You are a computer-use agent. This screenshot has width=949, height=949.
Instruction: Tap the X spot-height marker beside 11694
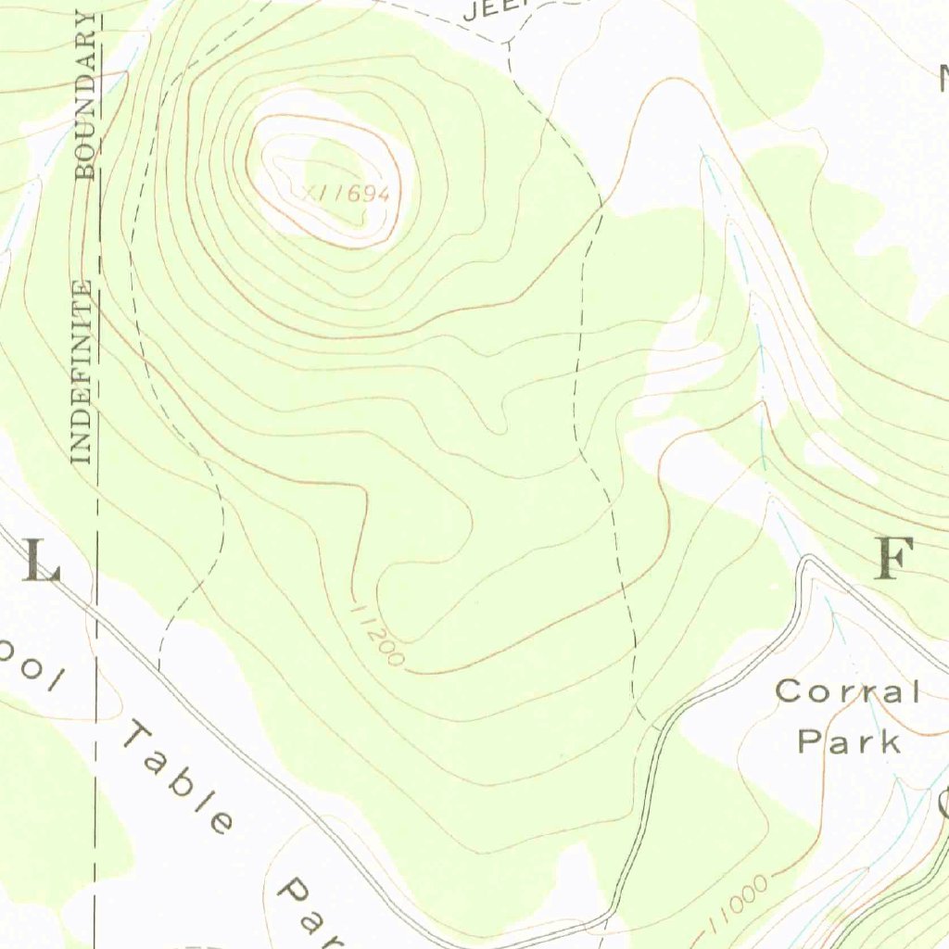tap(310, 192)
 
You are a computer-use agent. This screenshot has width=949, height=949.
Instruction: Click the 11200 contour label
tap(377, 635)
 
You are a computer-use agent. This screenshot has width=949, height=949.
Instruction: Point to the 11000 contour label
tap(739, 904)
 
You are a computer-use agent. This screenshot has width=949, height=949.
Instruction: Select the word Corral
tap(847, 691)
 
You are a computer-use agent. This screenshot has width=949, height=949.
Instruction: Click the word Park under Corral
tap(849, 740)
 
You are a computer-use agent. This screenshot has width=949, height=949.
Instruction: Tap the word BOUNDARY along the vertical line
tap(86, 95)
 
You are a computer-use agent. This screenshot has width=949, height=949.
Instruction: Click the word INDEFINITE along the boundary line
tap(82, 371)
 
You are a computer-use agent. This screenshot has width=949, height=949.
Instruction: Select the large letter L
tap(40, 562)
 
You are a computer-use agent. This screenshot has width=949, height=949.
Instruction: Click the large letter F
tap(895, 559)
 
